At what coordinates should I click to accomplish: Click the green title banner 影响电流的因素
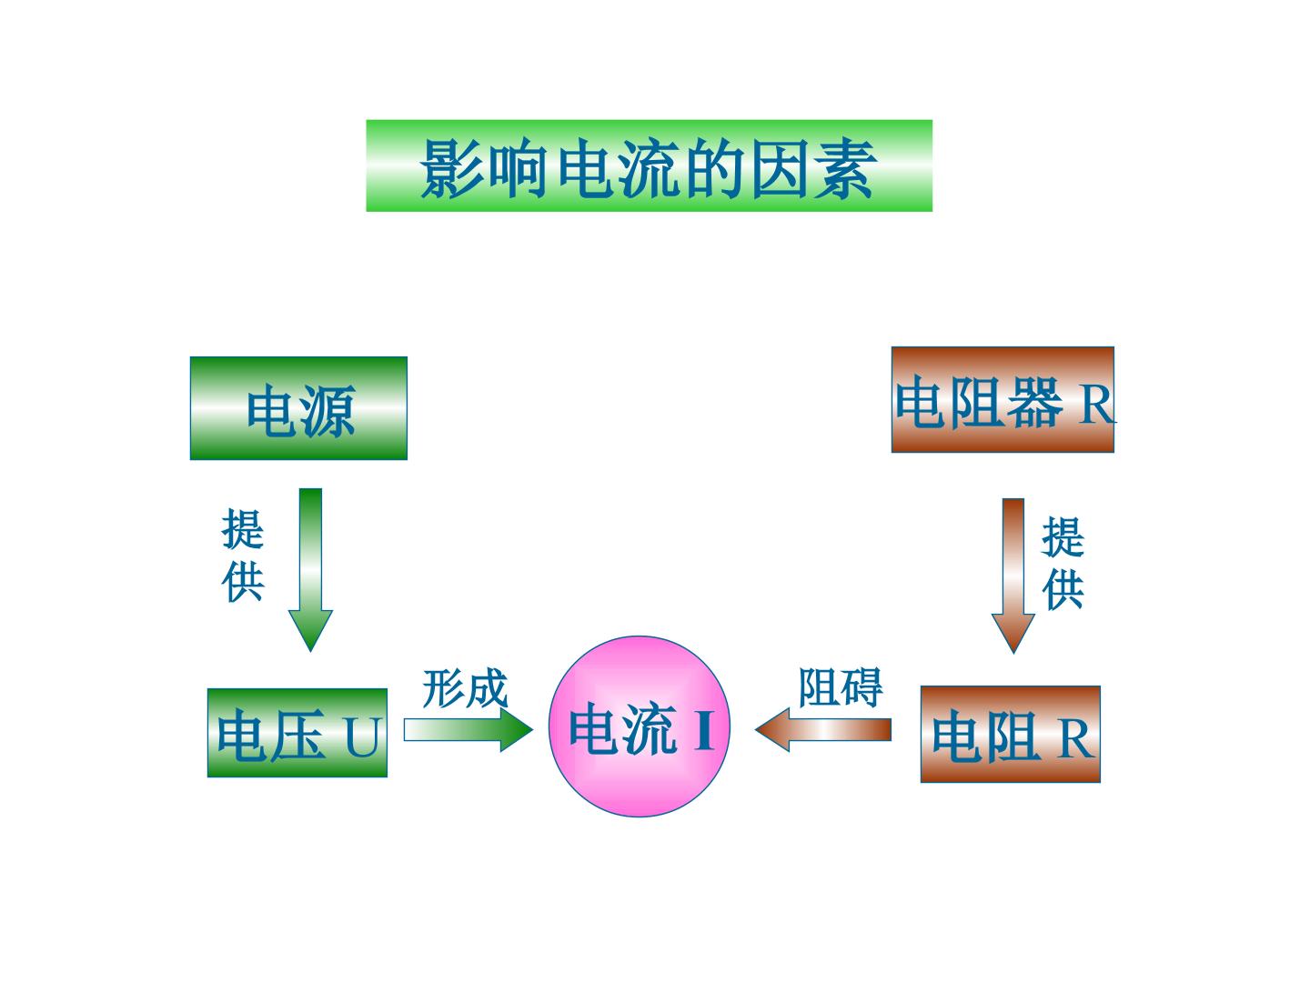pos(649,165)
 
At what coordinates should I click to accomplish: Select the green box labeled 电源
pos(298,408)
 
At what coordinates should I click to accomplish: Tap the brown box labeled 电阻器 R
pos(1003,399)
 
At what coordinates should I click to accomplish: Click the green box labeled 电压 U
pos(297,733)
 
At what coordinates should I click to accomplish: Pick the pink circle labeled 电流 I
pos(640,726)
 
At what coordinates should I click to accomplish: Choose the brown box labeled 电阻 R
pos(1011,734)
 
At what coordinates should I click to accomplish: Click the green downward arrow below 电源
pos(310,570)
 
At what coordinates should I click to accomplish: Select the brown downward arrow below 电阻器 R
pos(1013,576)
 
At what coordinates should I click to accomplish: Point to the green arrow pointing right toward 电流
pos(469,730)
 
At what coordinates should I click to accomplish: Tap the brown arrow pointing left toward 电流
pos(823,730)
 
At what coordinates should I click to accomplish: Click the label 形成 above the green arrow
pos(465,689)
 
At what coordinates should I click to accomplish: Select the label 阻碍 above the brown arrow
pos(841,687)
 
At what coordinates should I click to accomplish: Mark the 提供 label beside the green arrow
pos(242,556)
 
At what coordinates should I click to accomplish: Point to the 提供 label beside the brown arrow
pos(1063,564)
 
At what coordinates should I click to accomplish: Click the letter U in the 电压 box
pos(362,736)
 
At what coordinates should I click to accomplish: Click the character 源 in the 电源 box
pos(328,411)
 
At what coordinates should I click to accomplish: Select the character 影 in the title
pos(451,167)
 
